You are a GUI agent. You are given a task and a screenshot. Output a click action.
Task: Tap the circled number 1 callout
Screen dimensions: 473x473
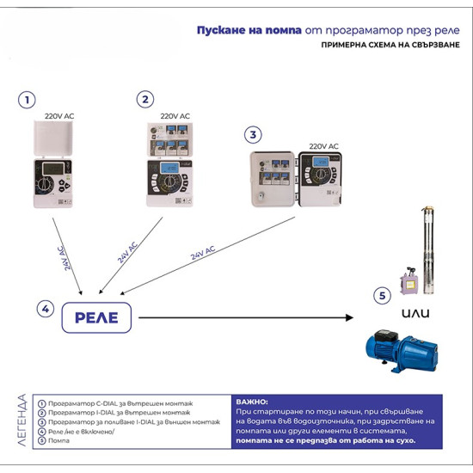coord(28,101)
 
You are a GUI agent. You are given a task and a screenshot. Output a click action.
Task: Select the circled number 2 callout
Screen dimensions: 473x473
coord(145,100)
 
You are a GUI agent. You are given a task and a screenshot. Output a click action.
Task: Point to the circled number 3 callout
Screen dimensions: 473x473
coord(252,135)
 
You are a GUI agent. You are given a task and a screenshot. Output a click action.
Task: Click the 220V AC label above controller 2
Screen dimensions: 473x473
coord(175,114)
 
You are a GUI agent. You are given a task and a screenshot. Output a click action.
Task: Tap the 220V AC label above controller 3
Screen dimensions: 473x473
coord(323,147)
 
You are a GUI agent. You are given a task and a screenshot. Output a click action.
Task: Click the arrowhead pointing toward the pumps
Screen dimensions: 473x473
coord(349,317)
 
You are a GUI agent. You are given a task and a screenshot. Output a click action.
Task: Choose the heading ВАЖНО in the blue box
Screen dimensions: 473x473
coord(251,402)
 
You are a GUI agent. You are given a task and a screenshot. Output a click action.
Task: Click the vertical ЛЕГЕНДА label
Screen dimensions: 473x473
coord(21,421)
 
